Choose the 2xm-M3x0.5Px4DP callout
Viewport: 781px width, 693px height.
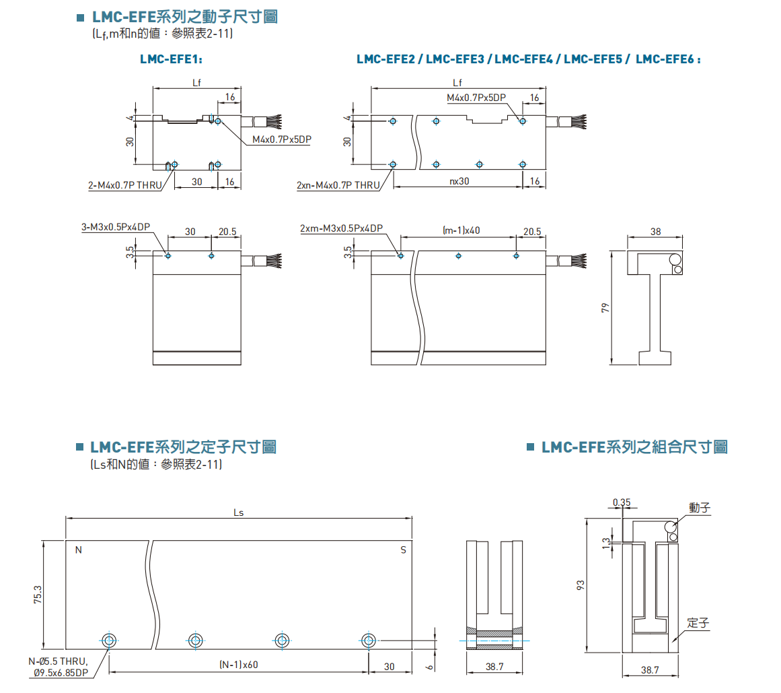pyautogui.click(x=341, y=229)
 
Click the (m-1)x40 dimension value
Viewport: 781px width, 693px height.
pyautogui.click(x=461, y=230)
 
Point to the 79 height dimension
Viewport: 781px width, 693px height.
pyautogui.click(x=605, y=308)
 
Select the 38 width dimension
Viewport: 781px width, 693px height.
pyautogui.click(x=656, y=231)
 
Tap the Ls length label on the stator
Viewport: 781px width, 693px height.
pyautogui.click(x=238, y=513)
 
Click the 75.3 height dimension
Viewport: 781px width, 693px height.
pyautogui.click(x=38, y=595)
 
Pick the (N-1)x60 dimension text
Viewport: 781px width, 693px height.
pyautogui.click(x=239, y=665)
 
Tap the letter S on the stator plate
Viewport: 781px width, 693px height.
pyautogui.click(x=404, y=550)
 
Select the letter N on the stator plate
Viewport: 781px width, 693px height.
pyautogui.click(x=78, y=550)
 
